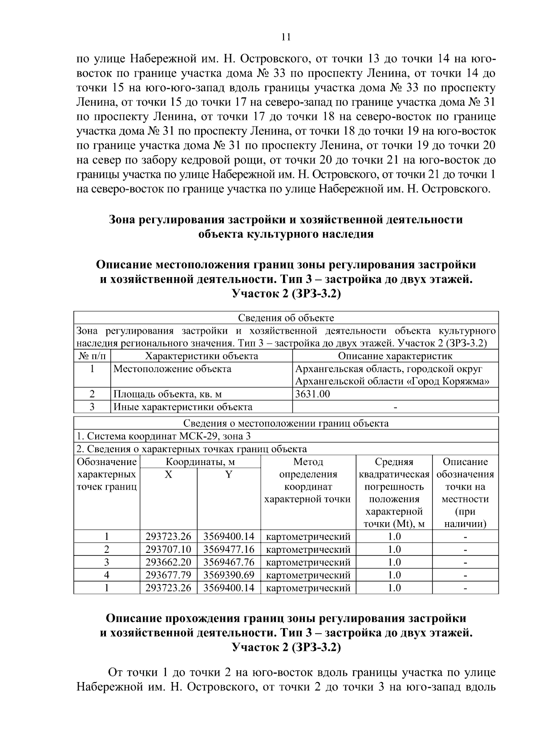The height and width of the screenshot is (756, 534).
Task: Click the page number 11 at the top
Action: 286,37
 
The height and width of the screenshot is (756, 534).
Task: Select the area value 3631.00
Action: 313,394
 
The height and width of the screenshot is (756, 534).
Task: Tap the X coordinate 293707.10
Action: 168,549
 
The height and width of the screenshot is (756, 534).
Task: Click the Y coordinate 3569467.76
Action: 229,562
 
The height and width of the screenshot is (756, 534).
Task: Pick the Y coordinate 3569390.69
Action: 229,575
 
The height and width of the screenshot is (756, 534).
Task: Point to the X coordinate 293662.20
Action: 168,562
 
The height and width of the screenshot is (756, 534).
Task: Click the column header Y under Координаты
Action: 229,474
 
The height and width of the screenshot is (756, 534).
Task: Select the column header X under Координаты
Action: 168,474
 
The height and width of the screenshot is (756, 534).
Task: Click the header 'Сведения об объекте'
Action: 286,318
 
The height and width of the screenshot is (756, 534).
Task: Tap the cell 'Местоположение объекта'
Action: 173,369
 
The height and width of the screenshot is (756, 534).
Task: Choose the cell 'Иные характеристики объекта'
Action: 183,407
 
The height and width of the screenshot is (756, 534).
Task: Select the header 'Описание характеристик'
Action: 395,356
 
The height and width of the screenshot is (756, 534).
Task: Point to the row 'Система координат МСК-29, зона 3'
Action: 164,436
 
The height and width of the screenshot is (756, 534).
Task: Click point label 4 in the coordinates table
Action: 107,575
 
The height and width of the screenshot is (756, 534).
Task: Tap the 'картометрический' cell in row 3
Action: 308,562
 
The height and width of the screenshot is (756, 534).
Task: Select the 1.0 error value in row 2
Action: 394,549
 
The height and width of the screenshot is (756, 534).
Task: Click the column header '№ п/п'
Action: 92,356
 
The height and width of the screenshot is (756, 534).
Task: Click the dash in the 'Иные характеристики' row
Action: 395,407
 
